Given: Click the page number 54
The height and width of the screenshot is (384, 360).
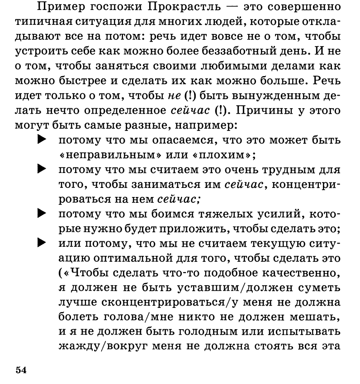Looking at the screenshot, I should pos(21,370).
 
